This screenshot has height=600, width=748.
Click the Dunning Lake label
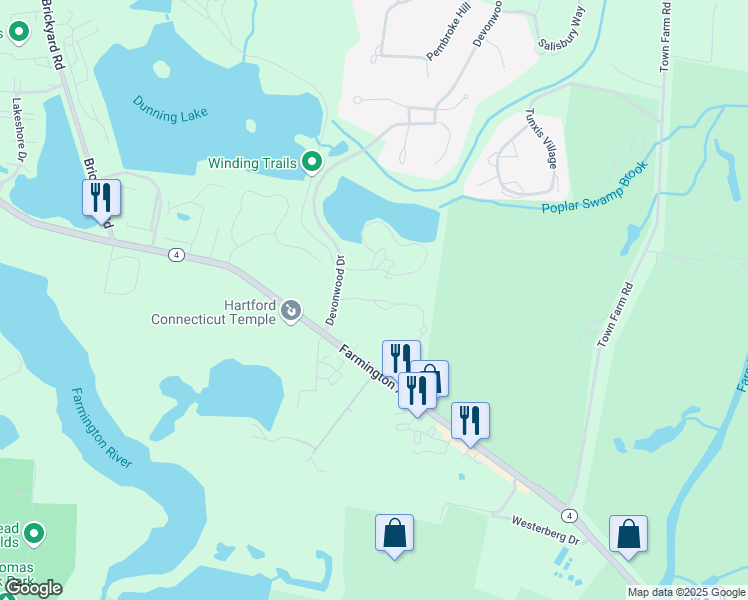(x=171, y=109)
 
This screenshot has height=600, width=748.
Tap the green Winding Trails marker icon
(x=312, y=161)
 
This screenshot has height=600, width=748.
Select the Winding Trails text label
(x=253, y=163)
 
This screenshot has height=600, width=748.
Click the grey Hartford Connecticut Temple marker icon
(x=291, y=312)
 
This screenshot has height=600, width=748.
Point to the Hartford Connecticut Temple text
(x=213, y=312)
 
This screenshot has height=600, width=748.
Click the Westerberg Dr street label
(x=545, y=530)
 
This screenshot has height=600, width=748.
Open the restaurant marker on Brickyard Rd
(x=101, y=198)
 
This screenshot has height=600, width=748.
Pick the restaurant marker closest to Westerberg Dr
(x=470, y=420)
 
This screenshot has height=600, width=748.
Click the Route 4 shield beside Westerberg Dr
(x=568, y=515)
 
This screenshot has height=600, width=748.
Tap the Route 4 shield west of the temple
(x=176, y=254)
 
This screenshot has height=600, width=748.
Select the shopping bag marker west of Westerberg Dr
(x=394, y=532)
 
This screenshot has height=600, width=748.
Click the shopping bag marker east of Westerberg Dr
(x=628, y=534)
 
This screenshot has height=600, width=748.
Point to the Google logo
(x=33, y=588)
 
